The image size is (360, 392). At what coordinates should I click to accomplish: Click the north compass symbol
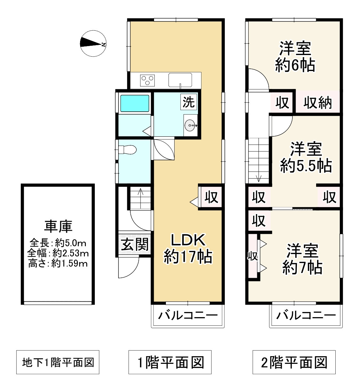point(93,44)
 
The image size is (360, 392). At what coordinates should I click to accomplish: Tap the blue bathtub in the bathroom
point(135,103)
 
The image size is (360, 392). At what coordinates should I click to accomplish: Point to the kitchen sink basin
point(180,80)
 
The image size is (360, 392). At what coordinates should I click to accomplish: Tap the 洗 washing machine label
point(189,102)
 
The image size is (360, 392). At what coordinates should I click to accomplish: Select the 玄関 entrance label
point(135,245)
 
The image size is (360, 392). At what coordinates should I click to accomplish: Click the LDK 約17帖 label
point(188,248)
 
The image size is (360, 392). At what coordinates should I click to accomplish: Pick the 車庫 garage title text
point(58,226)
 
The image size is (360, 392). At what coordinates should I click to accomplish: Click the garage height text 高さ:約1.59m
point(58,263)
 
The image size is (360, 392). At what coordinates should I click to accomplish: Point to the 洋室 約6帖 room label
point(295,57)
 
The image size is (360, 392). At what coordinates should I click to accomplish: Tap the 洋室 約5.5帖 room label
point(306,157)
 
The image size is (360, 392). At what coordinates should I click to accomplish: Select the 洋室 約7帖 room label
point(302,259)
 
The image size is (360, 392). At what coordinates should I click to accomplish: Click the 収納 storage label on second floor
point(317,103)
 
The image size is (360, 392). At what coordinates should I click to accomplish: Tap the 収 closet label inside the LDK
point(211,197)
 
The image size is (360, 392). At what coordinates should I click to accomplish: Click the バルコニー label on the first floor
point(188,316)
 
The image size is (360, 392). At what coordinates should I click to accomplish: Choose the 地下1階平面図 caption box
point(58,362)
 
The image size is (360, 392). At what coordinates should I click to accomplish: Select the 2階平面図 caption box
point(294,362)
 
